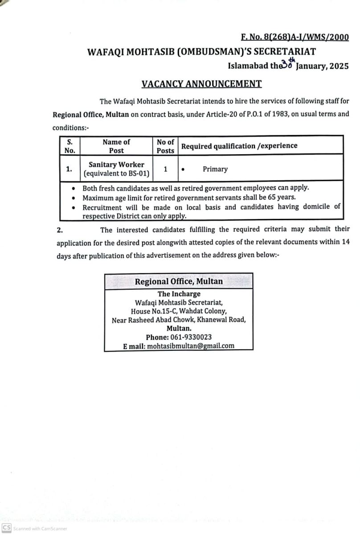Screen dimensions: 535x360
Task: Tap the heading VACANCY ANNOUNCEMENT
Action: [201, 83]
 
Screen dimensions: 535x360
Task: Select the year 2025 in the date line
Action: [338, 66]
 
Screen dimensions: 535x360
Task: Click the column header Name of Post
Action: [116, 146]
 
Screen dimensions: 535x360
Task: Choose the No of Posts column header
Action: [165, 146]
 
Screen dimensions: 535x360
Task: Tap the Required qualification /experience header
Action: [239, 146]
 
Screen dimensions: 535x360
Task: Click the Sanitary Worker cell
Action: [116, 165]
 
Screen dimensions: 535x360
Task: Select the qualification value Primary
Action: [215, 169]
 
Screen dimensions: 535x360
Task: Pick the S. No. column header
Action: [70, 146]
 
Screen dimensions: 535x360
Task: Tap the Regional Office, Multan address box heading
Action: [179, 281]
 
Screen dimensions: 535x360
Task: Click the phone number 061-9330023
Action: [191, 337]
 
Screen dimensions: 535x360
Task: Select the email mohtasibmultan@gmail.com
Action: [191, 346]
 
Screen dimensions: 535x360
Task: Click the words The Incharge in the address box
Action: [179, 294]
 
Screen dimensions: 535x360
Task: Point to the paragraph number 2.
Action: [59, 230]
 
